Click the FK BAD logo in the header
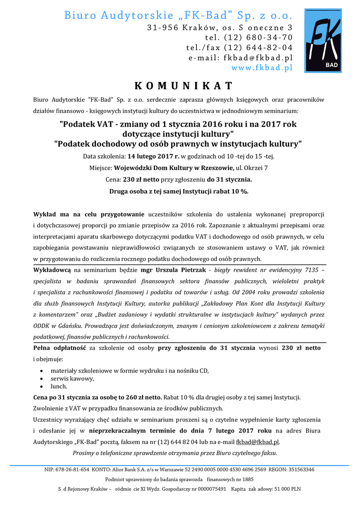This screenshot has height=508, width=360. pos(323,41)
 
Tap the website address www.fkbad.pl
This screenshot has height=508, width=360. pos(262,67)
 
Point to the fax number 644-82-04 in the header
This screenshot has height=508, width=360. pos(267,48)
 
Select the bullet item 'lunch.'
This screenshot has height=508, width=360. pos(59,386)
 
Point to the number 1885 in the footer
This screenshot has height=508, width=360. pos(248,479)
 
